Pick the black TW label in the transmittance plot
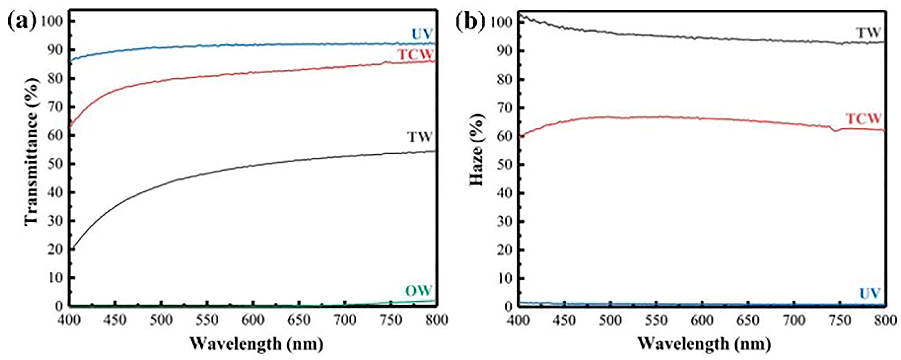pyautogui.click(x=419, y=137)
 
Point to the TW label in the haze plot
pyautogui.click(x=868, y=33)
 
